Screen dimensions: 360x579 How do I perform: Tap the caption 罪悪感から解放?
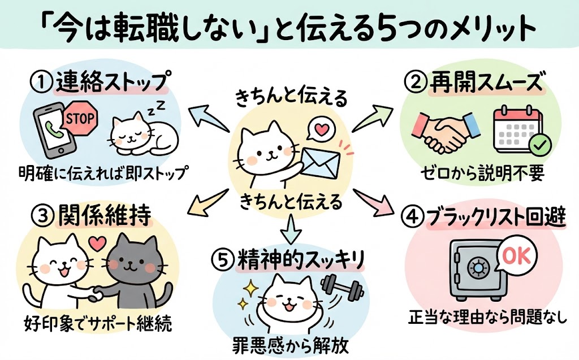click(288, 343)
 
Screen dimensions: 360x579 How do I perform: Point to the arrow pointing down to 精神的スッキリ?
click(289, 226)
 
